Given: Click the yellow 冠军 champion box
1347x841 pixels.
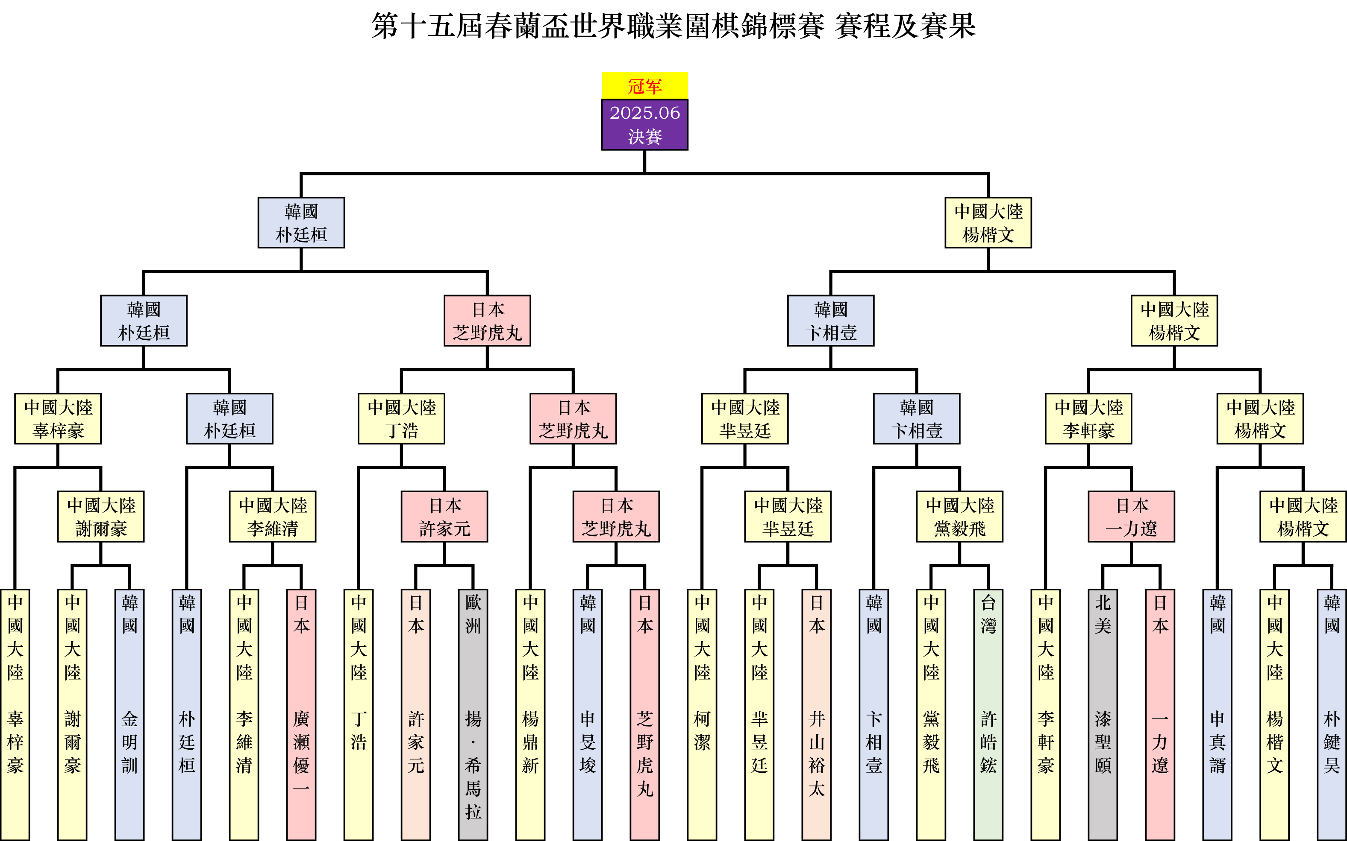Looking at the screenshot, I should click(x=644, y=86).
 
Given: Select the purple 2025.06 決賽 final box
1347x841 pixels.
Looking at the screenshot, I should click(x=644, y=125).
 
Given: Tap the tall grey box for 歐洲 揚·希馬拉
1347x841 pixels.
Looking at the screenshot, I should click(x=473, y=714).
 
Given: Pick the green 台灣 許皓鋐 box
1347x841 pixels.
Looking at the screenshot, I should click(x=988, y=714).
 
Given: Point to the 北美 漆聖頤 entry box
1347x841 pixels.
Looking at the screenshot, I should click(x=1103, y=714).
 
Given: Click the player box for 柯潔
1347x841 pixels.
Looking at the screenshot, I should click(x=702, y=714).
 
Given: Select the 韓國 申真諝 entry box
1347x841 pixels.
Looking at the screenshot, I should click(x=1218, y=714).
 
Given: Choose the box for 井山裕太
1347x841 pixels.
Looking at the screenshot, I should click(x=817, y=714).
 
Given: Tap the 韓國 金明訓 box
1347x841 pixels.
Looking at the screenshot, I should click(x=129, y=714).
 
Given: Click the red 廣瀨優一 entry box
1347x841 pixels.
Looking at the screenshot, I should click(x=301, y=714).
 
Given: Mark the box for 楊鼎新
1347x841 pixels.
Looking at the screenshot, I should click(x=530, y=714).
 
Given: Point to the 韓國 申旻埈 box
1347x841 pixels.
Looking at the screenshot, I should click(x=588, y=714).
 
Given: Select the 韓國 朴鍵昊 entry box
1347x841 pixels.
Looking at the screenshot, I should click(x=1332, y=714).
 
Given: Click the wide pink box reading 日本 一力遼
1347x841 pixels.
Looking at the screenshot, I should click(x=1131, y=516).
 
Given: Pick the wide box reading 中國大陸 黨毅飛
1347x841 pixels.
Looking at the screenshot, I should click(x=959, y=516).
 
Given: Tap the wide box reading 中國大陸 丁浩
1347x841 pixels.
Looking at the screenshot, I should click(x=401, y=419).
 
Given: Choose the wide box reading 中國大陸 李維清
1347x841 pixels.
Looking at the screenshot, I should click(x=273, y=516).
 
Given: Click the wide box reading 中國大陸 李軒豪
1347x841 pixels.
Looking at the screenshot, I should click(x=1088, y=419).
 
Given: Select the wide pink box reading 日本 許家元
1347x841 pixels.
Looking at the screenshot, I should click(x=444, y=516).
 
